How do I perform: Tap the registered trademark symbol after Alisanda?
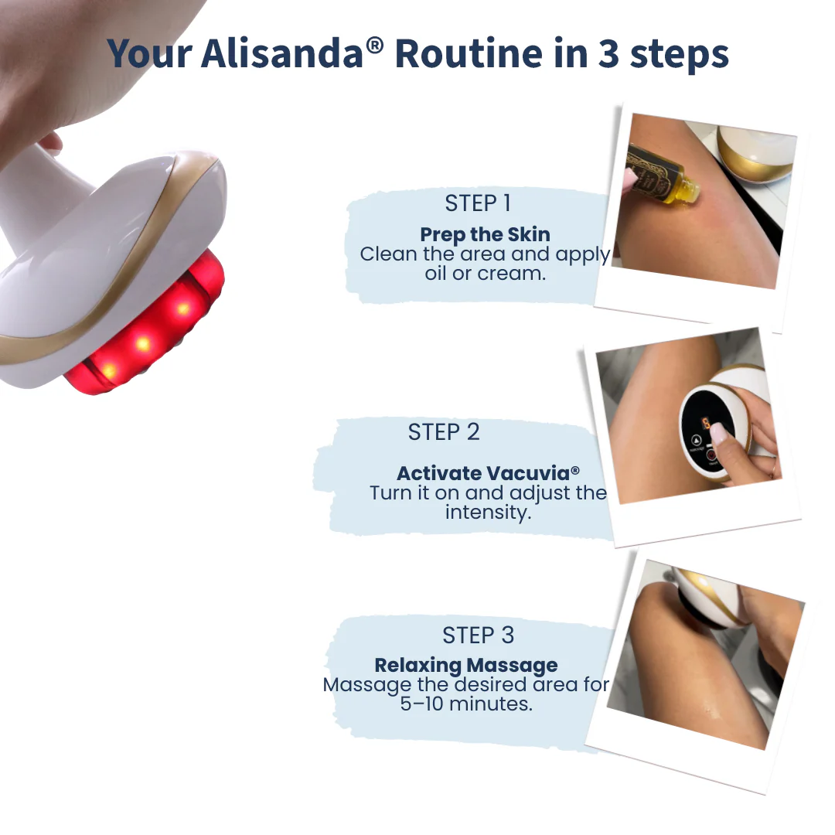[x=374, y=46]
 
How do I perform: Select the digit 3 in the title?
[x=608, y=54]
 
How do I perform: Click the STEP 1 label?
[x=478, y=203]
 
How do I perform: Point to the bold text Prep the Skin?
[x=485, y=234]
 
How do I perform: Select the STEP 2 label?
[x=444, y=432]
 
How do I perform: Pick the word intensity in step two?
[x=489, y=513]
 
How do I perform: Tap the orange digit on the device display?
[x=706, y=424]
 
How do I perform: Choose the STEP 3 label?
[x=479, y=636]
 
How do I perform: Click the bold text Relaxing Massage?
[x=466, y=665]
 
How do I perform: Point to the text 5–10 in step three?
[x=422, y=704]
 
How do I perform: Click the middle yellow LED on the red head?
[x=142, y=343]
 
